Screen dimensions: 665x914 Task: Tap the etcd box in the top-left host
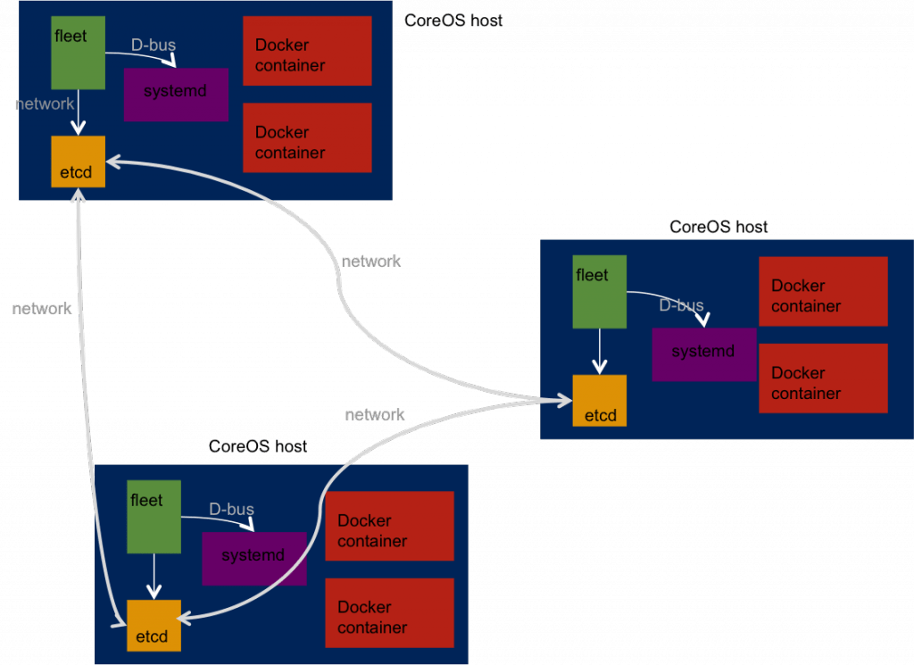[79, 162]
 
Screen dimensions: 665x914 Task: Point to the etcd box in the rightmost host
[600, 401]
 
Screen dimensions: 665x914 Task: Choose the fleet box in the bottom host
[154, 517]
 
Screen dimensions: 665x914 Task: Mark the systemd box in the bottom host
[253, 558]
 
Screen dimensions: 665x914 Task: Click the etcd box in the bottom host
[154, 626]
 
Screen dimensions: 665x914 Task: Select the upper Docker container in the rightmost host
[823, 291]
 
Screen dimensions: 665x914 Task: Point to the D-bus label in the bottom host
[231, 510]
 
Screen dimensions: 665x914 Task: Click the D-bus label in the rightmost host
[681, 305]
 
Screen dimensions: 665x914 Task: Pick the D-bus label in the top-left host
[154, 44]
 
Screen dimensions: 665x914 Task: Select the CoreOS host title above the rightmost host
[719, 227]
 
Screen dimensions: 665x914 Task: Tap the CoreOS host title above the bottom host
[257, 446]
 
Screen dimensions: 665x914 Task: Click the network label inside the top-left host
[45, 104]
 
